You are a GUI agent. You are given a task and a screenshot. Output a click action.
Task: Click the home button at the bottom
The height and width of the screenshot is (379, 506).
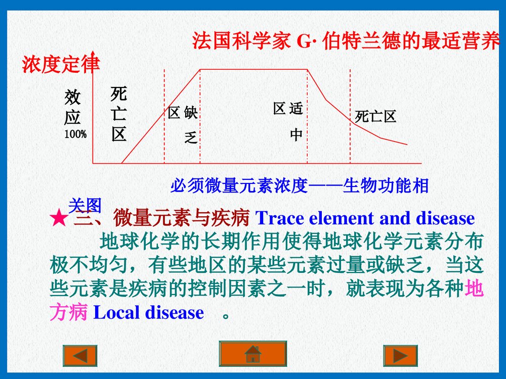click(x=252, y=353)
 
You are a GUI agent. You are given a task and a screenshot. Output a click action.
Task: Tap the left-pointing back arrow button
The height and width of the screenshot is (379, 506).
click(x=79, y=356)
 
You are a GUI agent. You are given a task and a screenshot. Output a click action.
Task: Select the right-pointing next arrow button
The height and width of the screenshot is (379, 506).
click(x=400, y=356)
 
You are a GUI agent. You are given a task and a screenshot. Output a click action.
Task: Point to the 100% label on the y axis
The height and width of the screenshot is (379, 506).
click(x=75, y=134)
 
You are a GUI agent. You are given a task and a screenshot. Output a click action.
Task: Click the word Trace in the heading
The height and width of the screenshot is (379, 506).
click(x=280, y=218)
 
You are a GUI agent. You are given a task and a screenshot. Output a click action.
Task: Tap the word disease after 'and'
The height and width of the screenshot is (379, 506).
click(x=445, y=218)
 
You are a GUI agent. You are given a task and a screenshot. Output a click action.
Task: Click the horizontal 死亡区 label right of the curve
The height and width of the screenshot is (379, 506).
click(x=375, y=117)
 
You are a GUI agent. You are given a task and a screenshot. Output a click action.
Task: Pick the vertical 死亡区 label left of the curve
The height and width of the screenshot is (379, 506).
click(x=119, y=114)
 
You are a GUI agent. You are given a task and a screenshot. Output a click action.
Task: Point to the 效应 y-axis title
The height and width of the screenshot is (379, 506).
click(x=73, y=108)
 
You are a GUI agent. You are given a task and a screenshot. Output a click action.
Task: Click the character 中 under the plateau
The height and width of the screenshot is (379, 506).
click(x=296, y=135)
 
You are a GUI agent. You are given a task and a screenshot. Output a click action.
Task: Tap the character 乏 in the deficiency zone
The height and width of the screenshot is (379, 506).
click(x=191, y=136)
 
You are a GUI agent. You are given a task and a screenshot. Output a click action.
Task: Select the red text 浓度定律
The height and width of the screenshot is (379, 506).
click(x=61, y=65)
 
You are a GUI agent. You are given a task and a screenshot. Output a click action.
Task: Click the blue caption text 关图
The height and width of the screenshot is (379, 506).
click(x=85, y=205)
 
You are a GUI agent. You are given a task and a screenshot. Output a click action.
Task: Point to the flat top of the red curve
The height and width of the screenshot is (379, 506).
click(x=253, y=69)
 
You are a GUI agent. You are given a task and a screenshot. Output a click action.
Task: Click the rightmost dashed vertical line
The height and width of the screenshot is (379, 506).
click(x=350, y=116)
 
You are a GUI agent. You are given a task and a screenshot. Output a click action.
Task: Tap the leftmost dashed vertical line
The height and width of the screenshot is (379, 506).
click(x=164, y=116)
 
